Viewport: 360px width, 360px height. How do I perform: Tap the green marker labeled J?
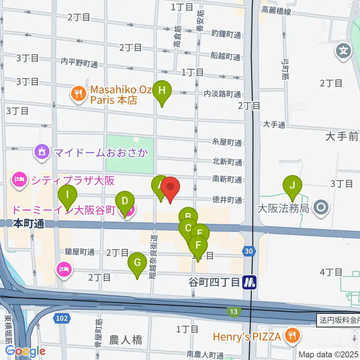click(292, 185)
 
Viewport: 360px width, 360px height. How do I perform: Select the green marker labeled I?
click(67, 195)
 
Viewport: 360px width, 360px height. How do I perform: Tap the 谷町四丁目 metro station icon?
click(249, 282)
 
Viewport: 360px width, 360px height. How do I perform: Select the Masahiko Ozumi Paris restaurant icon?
click(78, 93)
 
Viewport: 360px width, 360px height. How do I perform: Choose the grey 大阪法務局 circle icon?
click(322, 207)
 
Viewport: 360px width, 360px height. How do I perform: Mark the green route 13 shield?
click(234, 311)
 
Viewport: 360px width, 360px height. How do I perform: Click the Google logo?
click(25, 351)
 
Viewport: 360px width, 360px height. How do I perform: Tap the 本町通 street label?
click(28, 224)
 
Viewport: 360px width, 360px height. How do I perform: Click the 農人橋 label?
click(126, 340)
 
